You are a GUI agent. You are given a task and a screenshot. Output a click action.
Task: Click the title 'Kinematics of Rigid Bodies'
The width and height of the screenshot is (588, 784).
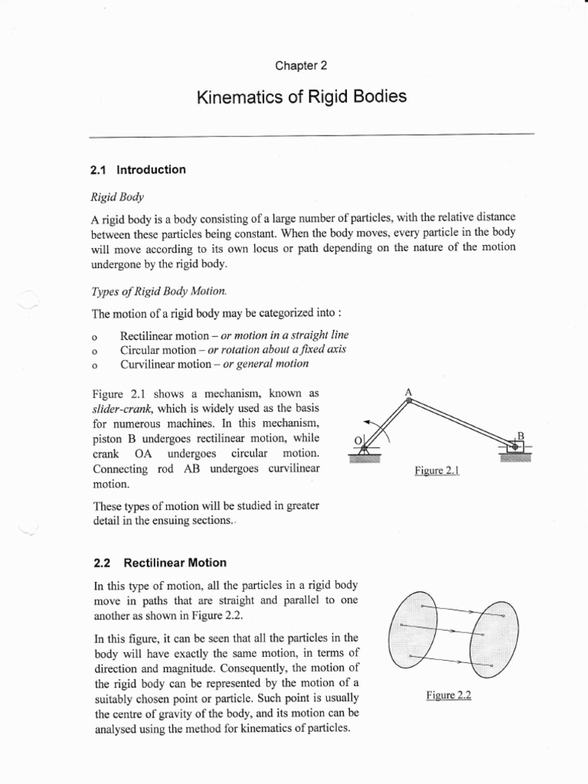coord(302,97)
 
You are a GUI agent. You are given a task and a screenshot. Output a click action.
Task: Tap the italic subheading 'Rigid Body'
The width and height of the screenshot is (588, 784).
coord(112,197)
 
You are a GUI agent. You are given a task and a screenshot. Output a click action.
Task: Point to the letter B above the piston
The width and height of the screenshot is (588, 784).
coord(520,436)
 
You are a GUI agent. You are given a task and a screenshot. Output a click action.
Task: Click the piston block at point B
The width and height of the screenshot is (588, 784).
coord(514,447)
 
